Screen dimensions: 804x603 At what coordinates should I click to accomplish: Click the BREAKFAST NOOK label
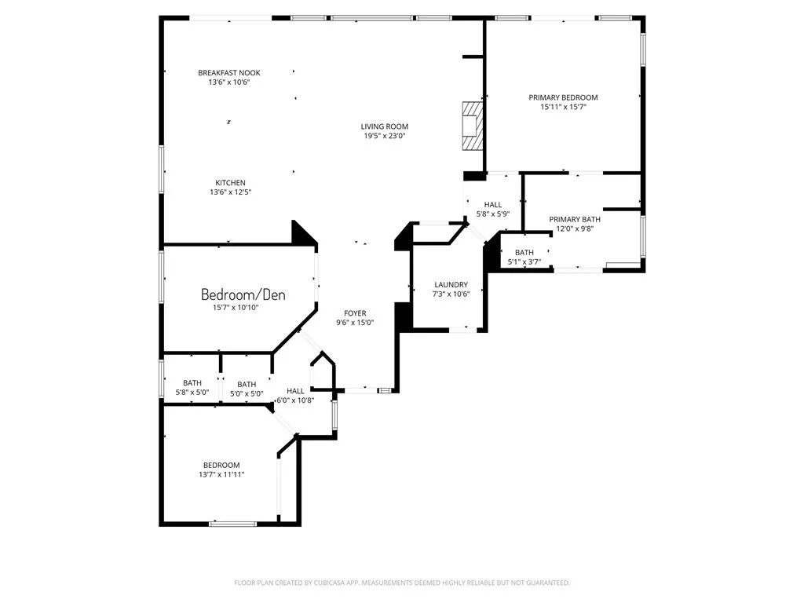tap(229, 73)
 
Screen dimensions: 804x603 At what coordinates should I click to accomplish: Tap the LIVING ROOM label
tap(385, 126)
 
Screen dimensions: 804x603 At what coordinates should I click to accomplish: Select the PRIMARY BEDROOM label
tap(563, 97)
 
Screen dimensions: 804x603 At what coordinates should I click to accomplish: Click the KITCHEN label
tap(230, 182)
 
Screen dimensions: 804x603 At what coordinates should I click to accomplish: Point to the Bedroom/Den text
tap(243, 294)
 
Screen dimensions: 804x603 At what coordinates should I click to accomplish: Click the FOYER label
tap(355, 313)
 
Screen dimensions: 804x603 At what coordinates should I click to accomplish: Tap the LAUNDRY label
tap(451, 284)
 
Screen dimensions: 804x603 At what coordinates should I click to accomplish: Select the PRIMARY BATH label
tap(575, 220)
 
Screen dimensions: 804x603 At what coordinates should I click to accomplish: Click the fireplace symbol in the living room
tap(473, 126)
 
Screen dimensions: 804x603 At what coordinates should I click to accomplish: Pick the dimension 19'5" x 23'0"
tap(385, 136)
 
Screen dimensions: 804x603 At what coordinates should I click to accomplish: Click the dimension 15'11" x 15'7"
tap(563, 107)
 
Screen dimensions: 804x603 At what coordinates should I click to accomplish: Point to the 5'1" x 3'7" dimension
tap(524, 261)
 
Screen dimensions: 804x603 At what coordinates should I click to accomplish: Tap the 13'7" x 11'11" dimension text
tap(221, 474)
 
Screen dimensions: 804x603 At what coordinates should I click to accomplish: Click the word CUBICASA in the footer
tap(337, 583)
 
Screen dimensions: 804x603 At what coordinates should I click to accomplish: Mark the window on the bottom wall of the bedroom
tap(232, 524)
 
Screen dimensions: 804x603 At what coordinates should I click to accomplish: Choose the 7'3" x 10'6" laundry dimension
tap(451, 294)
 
